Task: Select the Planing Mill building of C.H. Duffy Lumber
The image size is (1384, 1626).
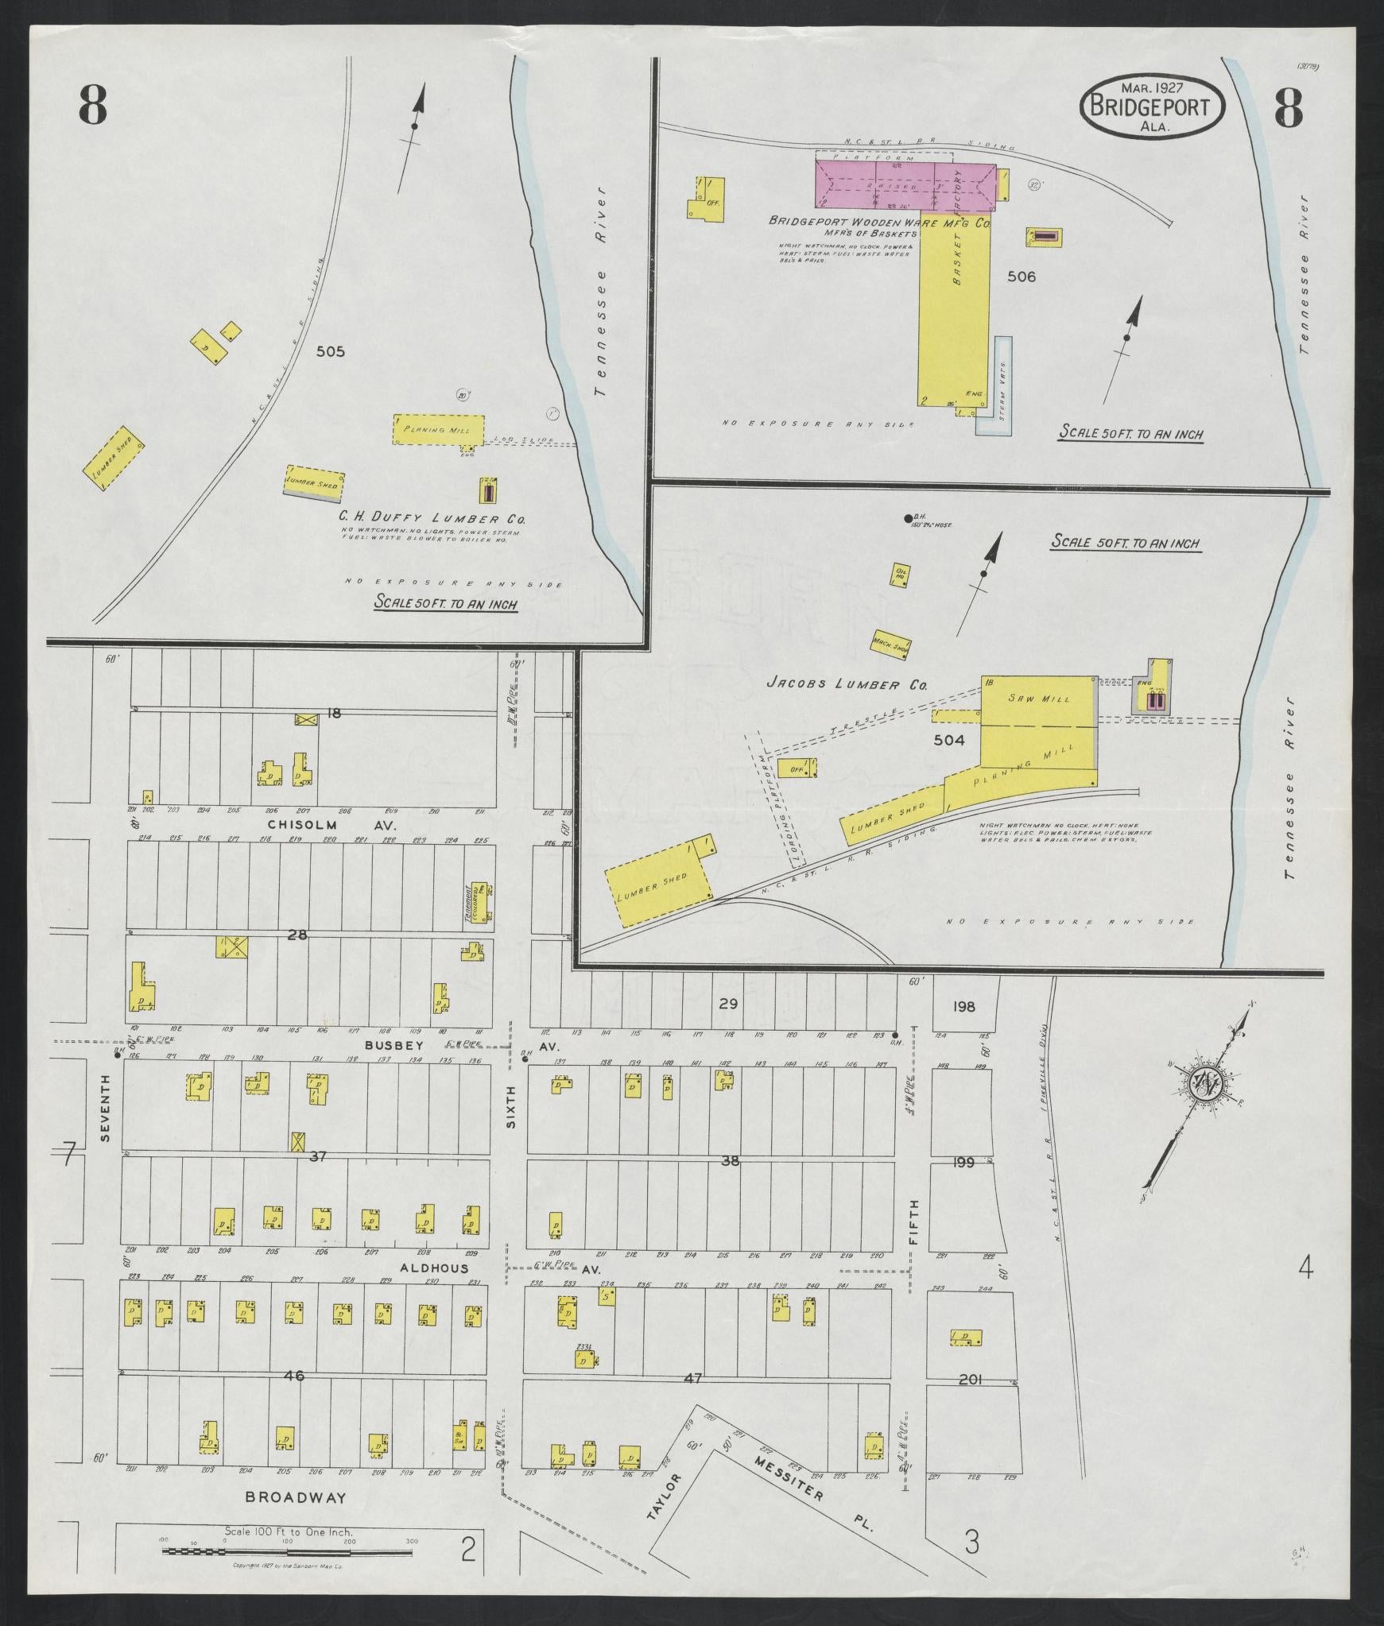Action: coord(438,429)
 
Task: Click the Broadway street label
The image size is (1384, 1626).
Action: coord(296,1497)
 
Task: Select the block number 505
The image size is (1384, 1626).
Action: coord(330,351)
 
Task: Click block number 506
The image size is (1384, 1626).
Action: coord(1021,277)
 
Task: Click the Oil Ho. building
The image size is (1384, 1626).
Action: coord(901,575)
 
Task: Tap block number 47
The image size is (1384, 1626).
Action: coord(693,1378)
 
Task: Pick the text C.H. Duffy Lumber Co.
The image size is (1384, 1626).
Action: coord(433,518)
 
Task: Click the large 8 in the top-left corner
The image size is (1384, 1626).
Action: coord(93,106)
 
